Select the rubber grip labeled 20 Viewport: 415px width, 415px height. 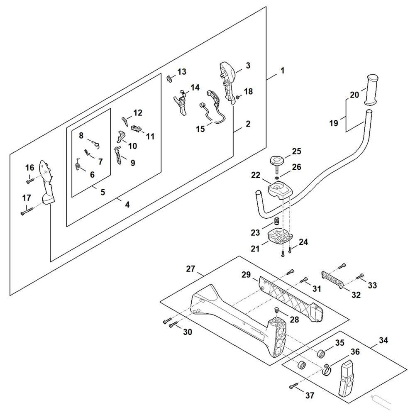[x=372, y=90]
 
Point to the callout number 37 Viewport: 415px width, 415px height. [x=310, y=395]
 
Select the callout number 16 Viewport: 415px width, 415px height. [x=29, y=168]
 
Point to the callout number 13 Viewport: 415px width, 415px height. [x=182, y=72]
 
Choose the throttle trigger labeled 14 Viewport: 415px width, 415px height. [x=181, y=102]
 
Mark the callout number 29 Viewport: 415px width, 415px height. [x=246, y=275]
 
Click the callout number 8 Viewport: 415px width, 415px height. [x=81, y=135]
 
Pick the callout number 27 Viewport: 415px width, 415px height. [x=190, y=269]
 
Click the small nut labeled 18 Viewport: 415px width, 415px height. [x=238, y=97]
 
